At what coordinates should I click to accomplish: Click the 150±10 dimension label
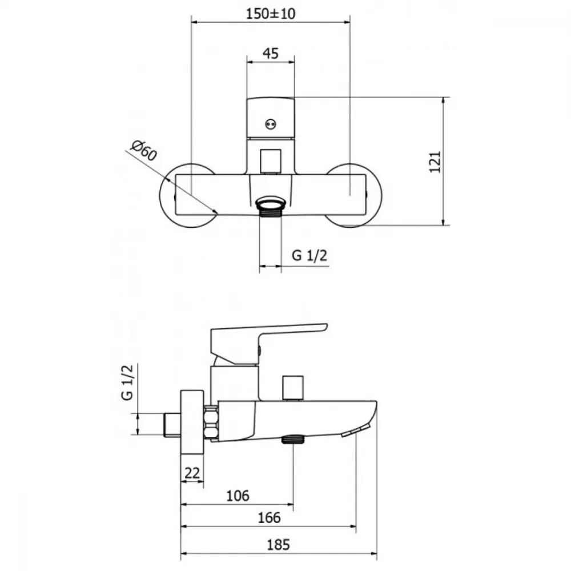point(271,14)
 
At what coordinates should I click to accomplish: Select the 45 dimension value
point(271,54)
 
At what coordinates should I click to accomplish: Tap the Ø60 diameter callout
point(144,150)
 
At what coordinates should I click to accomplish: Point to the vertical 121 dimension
point(435,162)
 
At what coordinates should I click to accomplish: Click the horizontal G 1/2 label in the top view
point(309,256)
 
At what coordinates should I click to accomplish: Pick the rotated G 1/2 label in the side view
point(127,382)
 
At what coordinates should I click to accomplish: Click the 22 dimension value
point(192,473)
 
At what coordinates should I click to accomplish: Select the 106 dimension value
point(238,496)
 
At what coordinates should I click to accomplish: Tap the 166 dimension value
point(269,517)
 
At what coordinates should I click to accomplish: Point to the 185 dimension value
point(279,545)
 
